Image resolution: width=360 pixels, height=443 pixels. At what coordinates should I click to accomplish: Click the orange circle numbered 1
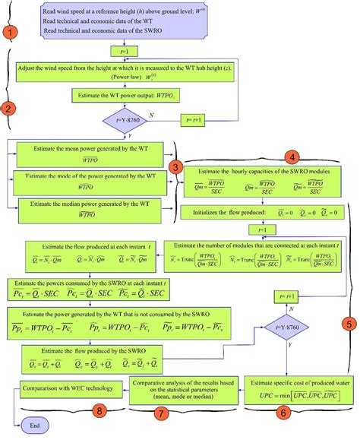[10, 33]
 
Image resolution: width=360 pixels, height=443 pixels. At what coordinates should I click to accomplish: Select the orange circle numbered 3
[176, 166]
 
